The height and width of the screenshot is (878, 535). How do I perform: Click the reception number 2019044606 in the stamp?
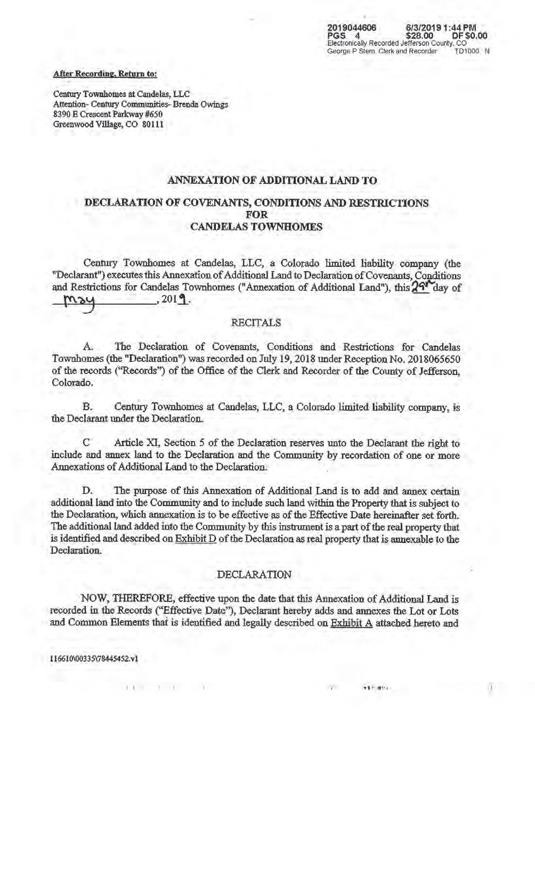[x=352, y=27]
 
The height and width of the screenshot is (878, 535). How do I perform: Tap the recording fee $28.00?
[x=421, y=35]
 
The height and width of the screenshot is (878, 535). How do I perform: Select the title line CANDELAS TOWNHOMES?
[x=256, y=226]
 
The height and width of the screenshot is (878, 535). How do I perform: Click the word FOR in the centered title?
[x=257, y=215]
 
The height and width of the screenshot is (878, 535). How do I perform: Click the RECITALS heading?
[x=256, y=323]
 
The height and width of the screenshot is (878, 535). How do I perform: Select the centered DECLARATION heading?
[x=255, y=575]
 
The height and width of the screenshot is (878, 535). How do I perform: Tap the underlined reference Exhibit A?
[x=351, y=623]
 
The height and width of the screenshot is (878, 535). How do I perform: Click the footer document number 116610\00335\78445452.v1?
[x=94, y=658]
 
